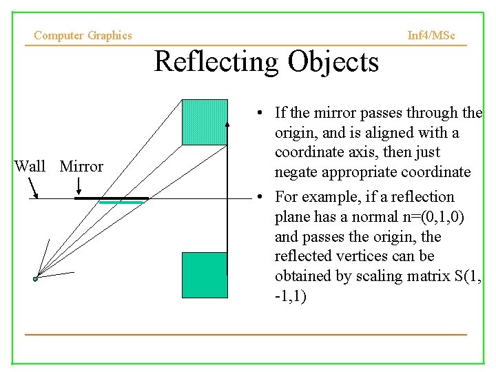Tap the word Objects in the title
click(x=333, y=62)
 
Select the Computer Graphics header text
click(x=83, y=35)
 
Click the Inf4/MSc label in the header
click(x=431, y=35)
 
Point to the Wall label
click(x=30, y=166)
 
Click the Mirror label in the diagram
click(x=81, y=166)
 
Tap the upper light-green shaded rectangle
click(x=204, y=122)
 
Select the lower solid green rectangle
click(x=204, y=274)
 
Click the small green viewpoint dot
click(x=35, y=279)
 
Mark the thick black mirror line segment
click(x=111, y=198)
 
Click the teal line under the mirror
click(x=121, y=203)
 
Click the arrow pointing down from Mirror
click(x=80, y=185)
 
